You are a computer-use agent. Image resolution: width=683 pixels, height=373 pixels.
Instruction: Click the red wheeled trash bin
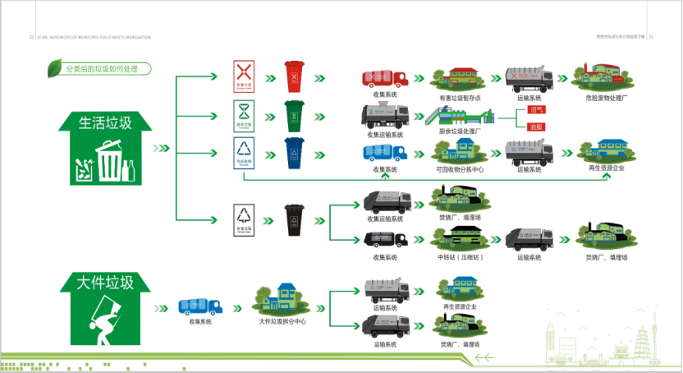coord(294,76)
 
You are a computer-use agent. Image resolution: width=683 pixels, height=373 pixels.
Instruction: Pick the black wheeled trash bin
coord(294,220)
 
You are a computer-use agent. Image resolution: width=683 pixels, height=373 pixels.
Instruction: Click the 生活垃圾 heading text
coord(105,124)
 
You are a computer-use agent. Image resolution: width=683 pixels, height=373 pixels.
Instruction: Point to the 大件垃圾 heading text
coord(105,283)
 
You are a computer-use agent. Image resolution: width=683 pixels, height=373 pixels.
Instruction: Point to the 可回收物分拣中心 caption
coord(461,170)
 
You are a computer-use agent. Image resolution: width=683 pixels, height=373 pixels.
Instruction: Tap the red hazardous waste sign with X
coord(242,74)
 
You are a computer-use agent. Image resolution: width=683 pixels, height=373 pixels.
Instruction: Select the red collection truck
coord(386,79)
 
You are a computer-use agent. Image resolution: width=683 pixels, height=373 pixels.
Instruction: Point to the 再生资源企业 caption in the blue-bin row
coord(607,168)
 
